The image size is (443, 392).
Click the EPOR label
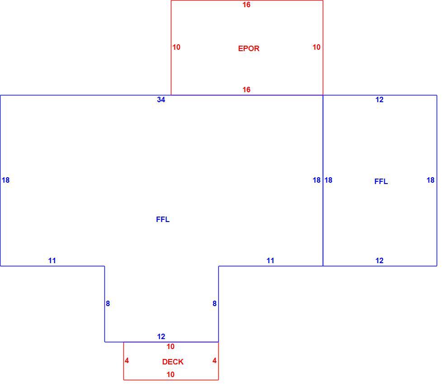tap(249, 48)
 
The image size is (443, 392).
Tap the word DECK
tap(173, 362)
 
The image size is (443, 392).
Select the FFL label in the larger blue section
tap(163, 219)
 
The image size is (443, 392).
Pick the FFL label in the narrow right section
tap(381, 181)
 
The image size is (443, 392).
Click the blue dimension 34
tap(161, 99)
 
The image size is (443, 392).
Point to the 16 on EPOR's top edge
tap(246, 5)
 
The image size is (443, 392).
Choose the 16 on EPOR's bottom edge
tap(246, 90)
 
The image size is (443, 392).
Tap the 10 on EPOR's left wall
tap(176, 47)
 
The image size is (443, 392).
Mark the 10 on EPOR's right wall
tap(316, 47)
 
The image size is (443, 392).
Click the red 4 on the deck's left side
tap(127, 360)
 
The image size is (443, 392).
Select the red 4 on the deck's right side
tap(214, 360)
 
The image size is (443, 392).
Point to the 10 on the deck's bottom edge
tap(170, 374)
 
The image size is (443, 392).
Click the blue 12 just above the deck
tap(161, 336)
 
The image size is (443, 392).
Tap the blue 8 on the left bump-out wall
tap(108, 303)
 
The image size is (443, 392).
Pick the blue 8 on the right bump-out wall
tap(214, 303)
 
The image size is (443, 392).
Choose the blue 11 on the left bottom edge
tap(52, 260)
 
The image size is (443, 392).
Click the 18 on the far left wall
tap(5, 180)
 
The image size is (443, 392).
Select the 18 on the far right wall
tap(430, 180)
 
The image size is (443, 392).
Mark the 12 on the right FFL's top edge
tap(379, 99)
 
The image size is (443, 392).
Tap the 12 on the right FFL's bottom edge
tap(379, 260)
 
